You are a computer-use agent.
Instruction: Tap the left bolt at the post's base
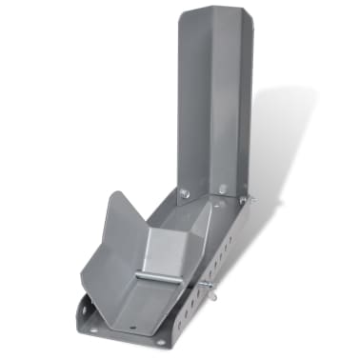coord(185,193)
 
